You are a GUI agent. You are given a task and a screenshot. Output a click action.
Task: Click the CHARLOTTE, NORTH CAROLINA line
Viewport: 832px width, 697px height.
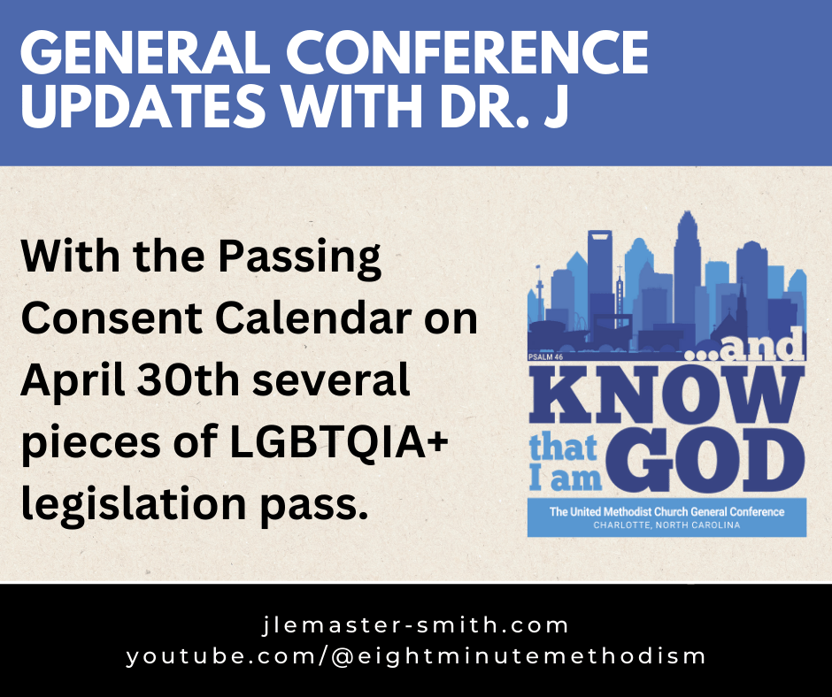(666, 525)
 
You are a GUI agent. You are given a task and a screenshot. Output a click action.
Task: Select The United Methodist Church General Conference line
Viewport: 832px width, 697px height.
(666, 511)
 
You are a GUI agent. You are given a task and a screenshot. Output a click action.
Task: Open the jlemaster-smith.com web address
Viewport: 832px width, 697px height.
(416, 625)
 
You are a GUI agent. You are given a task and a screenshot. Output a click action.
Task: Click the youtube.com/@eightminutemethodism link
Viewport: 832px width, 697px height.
(416, 656)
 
